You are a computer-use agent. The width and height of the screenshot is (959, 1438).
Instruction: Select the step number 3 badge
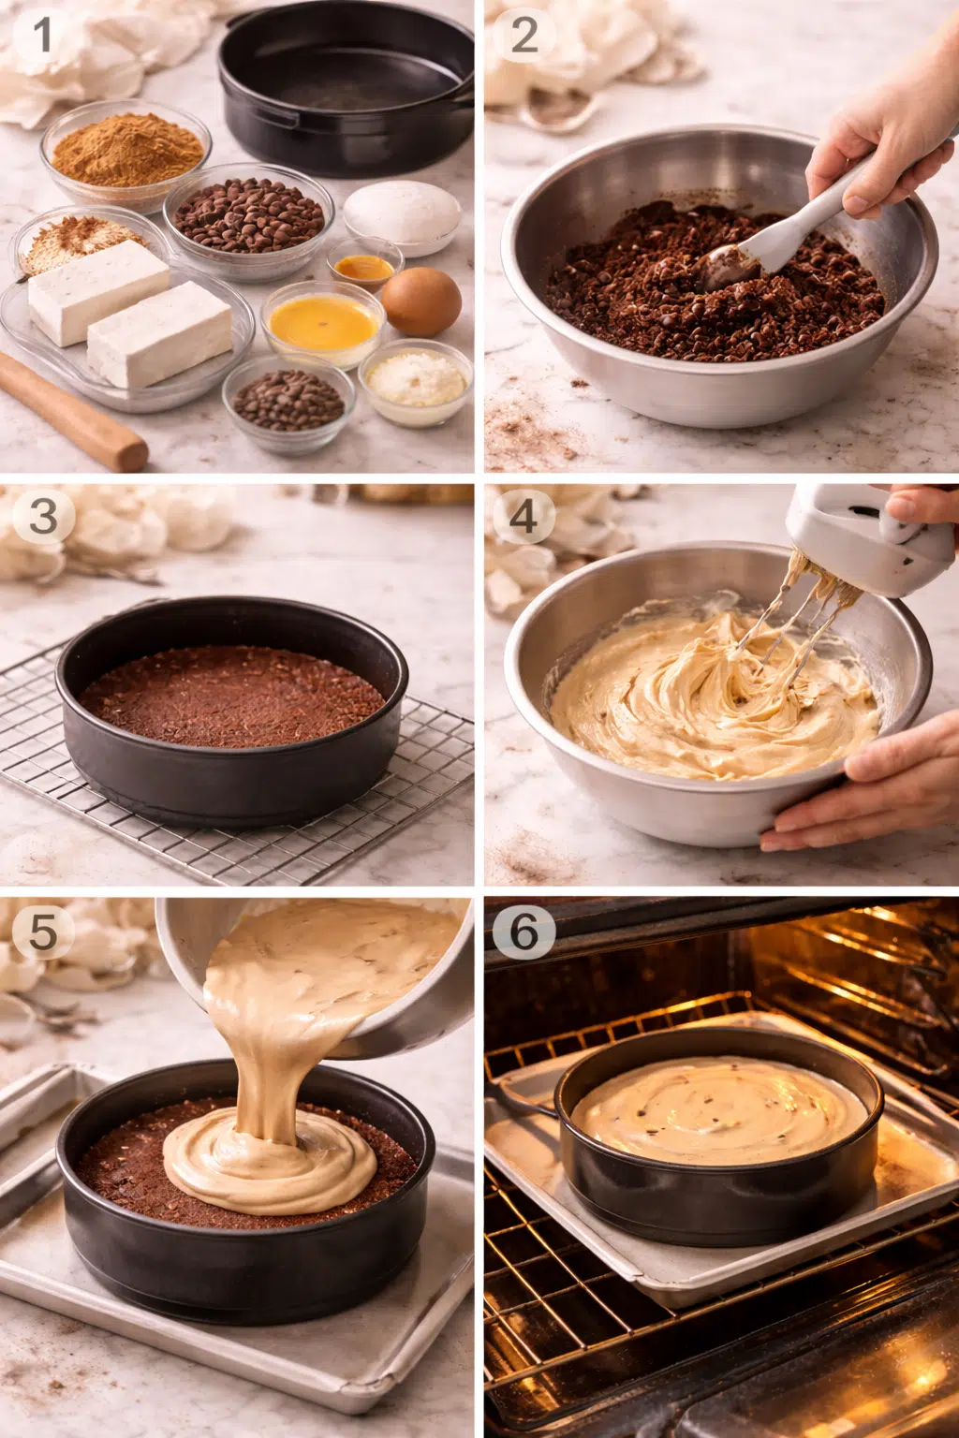42,518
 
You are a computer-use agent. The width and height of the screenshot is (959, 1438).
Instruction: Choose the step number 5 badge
42,932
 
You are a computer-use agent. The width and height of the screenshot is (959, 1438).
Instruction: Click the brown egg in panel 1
421,301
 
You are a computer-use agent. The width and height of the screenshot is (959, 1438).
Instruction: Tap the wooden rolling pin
70,412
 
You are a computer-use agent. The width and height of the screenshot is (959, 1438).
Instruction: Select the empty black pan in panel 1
345,89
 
